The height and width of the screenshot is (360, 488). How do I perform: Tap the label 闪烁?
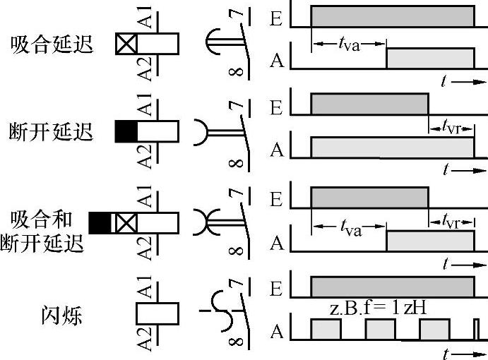tap(61, 313)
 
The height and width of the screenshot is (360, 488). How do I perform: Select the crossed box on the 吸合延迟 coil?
tap(126, 44)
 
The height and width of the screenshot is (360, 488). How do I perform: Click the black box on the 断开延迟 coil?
tap(126, 131)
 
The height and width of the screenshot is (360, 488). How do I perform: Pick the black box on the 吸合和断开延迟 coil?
tap(100, 223)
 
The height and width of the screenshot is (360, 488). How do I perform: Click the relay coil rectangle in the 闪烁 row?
tap(157, 313)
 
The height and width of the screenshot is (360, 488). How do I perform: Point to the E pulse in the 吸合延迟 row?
tap(393, 16)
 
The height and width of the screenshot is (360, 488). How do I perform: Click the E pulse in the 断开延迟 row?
tap(369, 104)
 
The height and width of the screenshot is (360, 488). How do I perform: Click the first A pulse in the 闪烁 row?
tap(326, 329)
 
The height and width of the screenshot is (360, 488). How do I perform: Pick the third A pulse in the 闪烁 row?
tap(434, 329)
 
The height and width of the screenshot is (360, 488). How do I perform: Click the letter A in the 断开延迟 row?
tap(277, 150)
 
